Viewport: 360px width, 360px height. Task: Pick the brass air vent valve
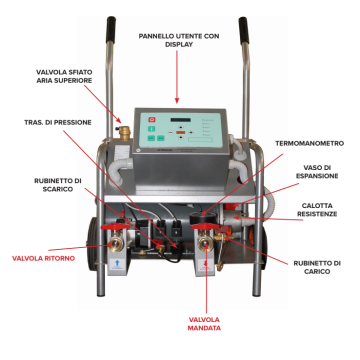(x=125, y=130)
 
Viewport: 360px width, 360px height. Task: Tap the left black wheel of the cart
(x=89, y=245)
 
